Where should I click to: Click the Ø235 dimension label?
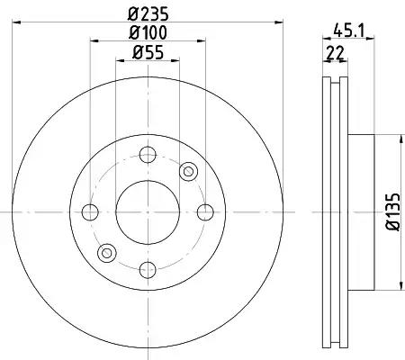(148, 13)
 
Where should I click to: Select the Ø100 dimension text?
(148, 32)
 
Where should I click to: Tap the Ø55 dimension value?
(148, 52)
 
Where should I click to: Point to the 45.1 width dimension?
(348, 31)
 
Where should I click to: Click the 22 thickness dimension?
(335, 53)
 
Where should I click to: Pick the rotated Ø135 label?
(392, 211)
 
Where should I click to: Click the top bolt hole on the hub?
(148, 155)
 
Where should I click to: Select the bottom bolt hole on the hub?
(148, 270)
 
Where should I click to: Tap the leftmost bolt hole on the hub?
(90, 212)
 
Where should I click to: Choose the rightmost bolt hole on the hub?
(205, 212)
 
